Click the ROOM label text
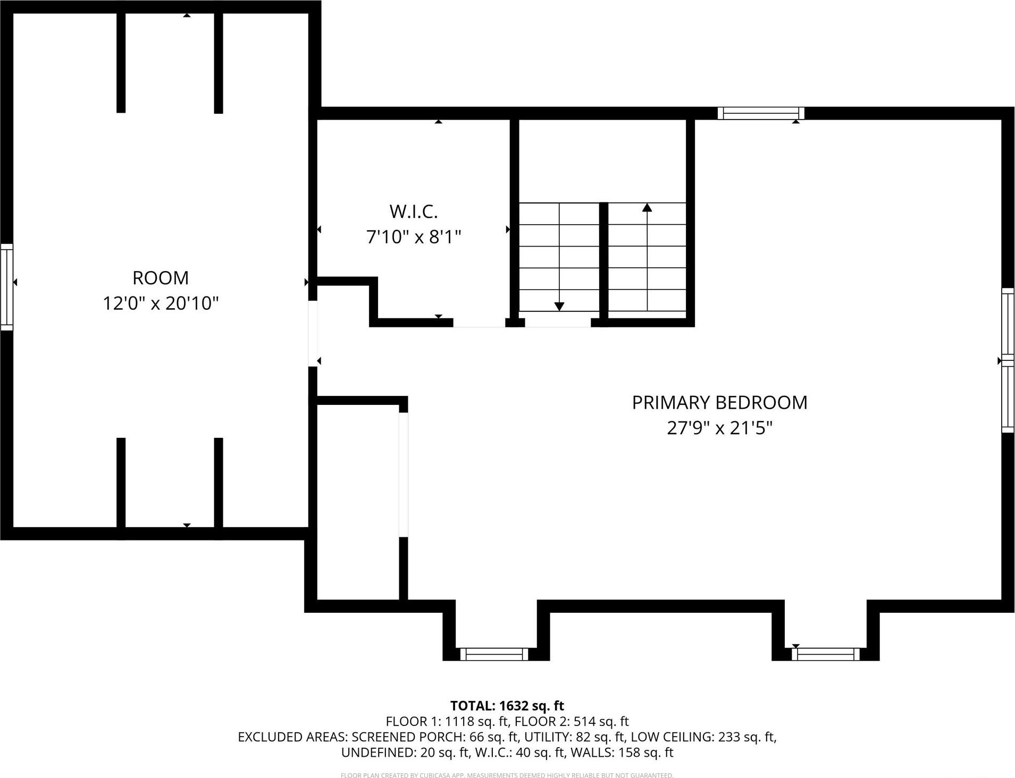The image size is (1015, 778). pos(160,278)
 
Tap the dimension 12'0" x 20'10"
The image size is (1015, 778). pos(161,303)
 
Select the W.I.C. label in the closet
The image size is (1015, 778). pos(413,212)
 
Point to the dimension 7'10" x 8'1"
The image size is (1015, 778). pos(413,236)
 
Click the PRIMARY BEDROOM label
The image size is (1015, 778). pos(719,403)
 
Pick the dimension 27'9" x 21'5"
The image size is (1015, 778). pos(719,428)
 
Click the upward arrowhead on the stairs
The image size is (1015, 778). pos(647,208)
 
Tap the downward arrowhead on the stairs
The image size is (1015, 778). pos(559,307)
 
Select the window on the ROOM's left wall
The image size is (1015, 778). pos(6,287)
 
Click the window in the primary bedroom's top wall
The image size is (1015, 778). pos(760,113)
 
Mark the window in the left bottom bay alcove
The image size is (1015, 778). pos(494,654)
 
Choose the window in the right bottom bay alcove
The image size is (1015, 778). pos(826,654)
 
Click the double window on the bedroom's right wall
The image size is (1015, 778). pos(1008,360)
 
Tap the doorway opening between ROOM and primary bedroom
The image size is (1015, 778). pos(313,333)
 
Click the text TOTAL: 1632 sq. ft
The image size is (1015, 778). pos(507,706)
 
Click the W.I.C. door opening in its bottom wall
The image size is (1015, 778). pos(479,323)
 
